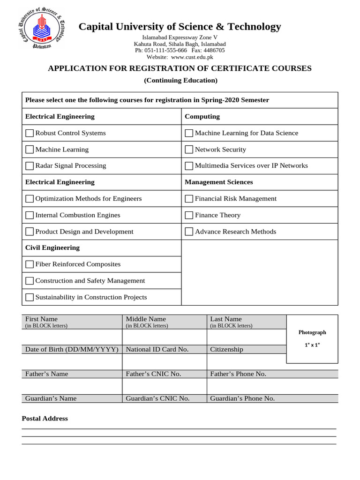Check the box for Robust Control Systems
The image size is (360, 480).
30,133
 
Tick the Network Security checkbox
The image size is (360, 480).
189,150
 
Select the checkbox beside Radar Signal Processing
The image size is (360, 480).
30,166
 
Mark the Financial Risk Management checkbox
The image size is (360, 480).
189,199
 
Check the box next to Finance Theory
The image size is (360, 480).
189,215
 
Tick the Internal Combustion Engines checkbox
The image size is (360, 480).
30,215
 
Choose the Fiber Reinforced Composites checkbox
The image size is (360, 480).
30,264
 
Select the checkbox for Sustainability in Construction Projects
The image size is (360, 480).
30,297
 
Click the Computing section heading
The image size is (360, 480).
202,116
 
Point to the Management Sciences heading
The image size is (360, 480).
218,182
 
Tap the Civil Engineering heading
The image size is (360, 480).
52,247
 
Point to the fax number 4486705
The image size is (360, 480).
214,50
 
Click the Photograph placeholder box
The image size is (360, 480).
312,339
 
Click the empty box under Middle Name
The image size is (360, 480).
164,337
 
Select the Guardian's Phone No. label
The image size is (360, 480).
242,398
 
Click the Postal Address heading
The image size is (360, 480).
45,418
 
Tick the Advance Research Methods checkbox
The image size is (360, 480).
189,232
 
